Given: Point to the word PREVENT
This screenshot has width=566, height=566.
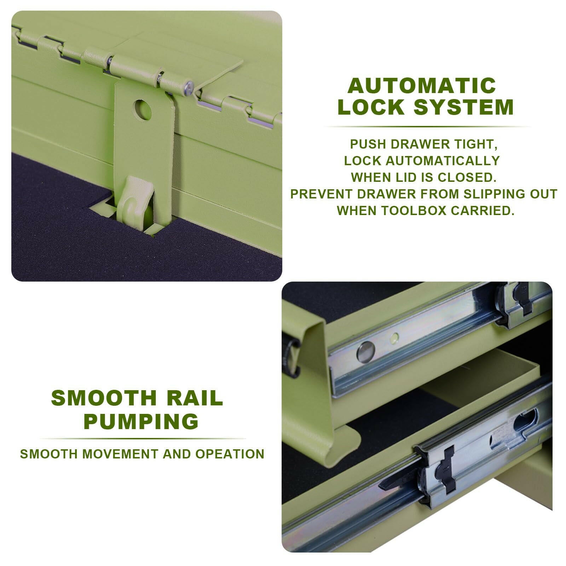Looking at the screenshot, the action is pyautogui.click(x=320, y=194).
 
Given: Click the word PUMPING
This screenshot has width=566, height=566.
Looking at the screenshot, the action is pyautogui.click(x=141, y=421).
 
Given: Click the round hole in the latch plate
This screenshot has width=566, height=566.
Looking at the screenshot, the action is pyautogui.click(x=143, y=110).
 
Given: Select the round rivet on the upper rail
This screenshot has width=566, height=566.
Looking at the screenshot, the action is pyautogui.click(x=366, y=352).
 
